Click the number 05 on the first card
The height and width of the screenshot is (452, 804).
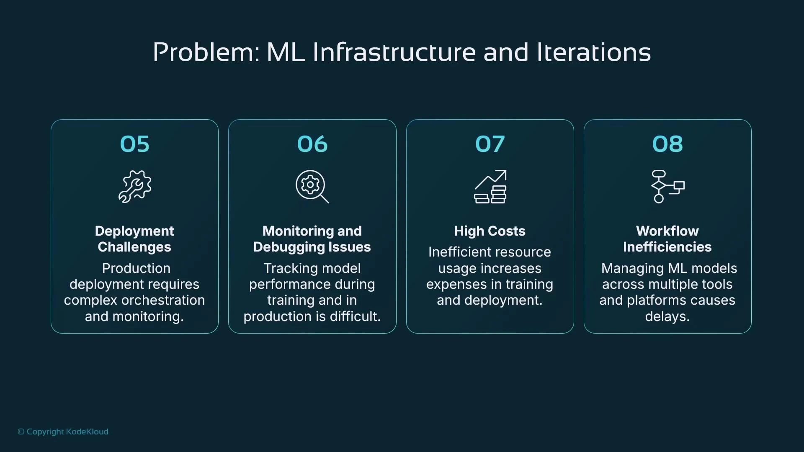134,144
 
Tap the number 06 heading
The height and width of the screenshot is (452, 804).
312,144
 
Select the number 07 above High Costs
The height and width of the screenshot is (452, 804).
490,144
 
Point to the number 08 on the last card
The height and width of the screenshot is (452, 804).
667,144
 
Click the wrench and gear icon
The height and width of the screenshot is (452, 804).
134,187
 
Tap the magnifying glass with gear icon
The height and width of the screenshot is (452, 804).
312,187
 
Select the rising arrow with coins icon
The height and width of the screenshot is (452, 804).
490,187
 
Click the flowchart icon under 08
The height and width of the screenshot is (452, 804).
667,187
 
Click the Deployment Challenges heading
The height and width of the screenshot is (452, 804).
134,239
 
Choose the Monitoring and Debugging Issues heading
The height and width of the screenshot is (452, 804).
312,239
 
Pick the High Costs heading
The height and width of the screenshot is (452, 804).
490,231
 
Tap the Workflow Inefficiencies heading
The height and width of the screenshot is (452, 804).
667,239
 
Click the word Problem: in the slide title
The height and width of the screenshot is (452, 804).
206,53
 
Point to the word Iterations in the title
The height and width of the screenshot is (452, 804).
593,53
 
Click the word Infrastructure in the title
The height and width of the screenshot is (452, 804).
394,53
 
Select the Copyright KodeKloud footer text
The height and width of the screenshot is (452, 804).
63,431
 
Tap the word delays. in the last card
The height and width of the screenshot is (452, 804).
667,316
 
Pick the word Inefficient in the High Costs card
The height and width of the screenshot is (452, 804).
457,252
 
